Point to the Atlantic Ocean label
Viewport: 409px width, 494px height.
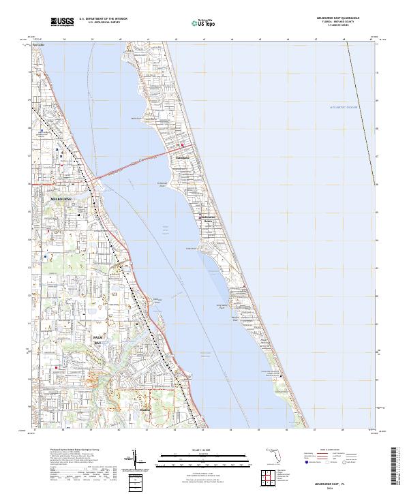(x=343, y=107)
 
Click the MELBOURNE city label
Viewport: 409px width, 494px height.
(x=61, y=198)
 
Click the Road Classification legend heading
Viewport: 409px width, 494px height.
(x=332, y=450)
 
